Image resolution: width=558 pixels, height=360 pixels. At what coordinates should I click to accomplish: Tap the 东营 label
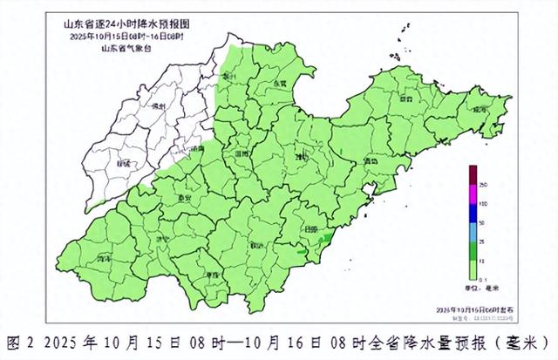(280, 83)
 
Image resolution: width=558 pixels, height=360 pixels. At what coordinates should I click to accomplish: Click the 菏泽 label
(102, 259)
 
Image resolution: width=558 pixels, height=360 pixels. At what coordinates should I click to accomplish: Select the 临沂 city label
(256, 245)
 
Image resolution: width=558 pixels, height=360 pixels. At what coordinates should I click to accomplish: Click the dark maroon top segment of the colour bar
(472, 174)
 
